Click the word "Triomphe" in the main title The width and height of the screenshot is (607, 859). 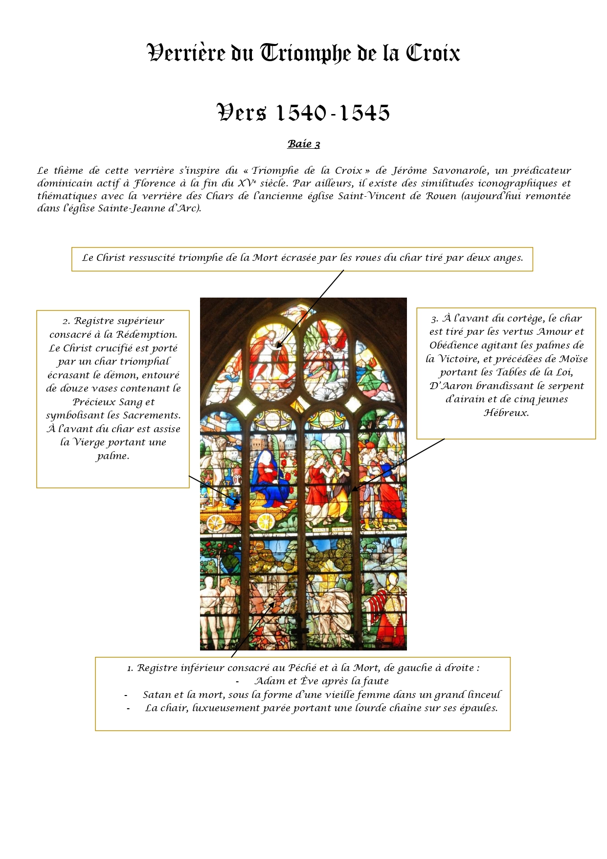click(305, 53)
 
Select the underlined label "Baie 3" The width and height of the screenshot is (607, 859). click(304, 144)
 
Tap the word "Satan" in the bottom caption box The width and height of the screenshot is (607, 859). click(156, 695)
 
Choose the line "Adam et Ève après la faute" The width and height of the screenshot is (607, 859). click(321, 681)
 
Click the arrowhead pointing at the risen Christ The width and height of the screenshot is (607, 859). click(277, 347)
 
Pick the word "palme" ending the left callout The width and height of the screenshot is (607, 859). click(113, 456)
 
